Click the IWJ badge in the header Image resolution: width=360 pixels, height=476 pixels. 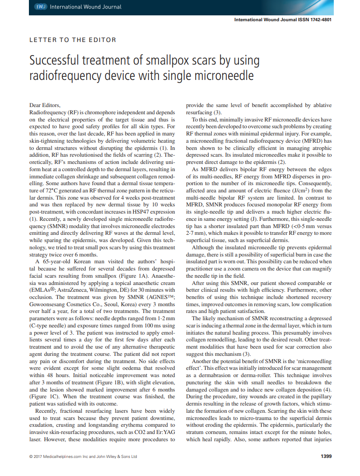pos(41,7)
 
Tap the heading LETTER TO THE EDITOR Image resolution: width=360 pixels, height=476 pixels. pos(73,40)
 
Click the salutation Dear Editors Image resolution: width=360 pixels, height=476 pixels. pos(44,105)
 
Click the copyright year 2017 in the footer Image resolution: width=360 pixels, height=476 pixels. pos(38,457)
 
